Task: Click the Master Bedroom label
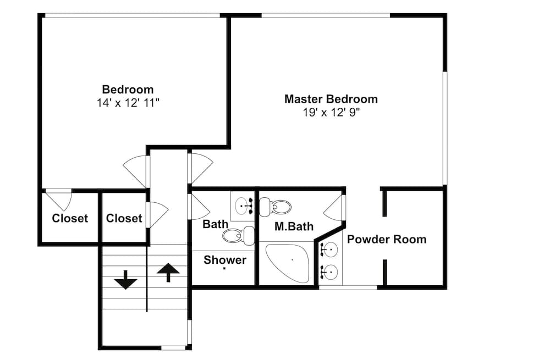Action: [x=331, y=99]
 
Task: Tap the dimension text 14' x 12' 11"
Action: [x=128, y=103]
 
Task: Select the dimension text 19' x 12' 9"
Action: [x=332, y=113]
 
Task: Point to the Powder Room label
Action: [x=387, y=240]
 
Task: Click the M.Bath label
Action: [x=294, y=226]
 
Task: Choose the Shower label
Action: [x=225, y=260]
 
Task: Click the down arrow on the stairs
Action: [x=125, y=280]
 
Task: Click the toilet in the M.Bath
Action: [x=276, y=207]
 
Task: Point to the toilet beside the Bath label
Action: [x=239, y=236]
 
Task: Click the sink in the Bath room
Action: [x=244, y=206]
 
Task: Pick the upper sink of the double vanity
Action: [x=329, y=250]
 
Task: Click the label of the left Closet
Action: [x=70, y=218]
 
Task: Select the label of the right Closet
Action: [x=124, y=218]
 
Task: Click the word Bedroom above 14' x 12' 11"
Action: [x=128, y=90]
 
